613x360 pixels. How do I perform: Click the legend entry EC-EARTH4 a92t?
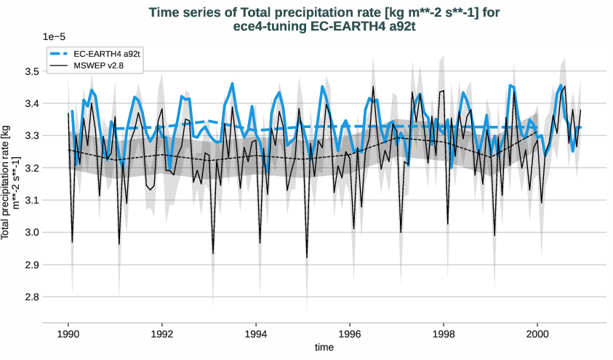click(108, 54)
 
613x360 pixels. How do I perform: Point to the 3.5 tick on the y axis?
click(31, 72)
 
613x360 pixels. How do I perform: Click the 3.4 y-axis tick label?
click(31, 104)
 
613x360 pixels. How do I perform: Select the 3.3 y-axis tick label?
click(31, 136)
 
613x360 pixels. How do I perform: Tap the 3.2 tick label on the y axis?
click(31, 168)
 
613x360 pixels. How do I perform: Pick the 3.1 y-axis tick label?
click(31, 201)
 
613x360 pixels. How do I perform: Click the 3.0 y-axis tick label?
click(31, 233)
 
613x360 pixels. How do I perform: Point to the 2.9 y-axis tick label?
click(31, 265)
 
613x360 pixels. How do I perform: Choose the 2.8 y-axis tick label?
click(31, 297)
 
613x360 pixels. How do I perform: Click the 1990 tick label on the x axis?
click(68, 332)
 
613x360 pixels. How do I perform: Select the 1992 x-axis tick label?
click(162, 332)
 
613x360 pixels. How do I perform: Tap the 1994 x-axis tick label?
click(256, 332)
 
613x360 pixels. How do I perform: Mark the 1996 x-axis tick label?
click(350, 332)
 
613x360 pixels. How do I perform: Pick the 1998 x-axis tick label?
click(444, 332)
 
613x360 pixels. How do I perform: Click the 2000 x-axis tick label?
click(537, 332)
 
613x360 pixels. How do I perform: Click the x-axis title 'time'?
click(324, 348)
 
